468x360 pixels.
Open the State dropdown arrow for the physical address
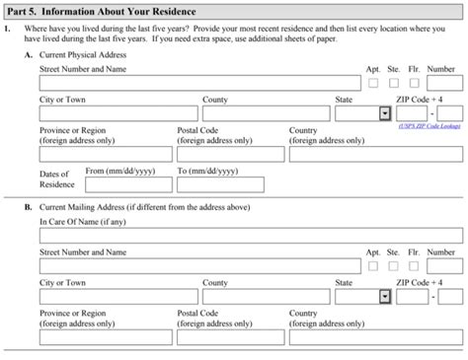[384, 113]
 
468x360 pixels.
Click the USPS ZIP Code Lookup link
[430, 126]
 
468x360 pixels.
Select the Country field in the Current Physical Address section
[376, 154]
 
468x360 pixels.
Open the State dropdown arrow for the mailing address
[384, 295]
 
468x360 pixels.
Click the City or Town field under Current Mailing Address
[117, 295]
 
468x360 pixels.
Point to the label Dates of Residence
[56, 180]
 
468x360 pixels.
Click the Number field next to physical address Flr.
[445, 84]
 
